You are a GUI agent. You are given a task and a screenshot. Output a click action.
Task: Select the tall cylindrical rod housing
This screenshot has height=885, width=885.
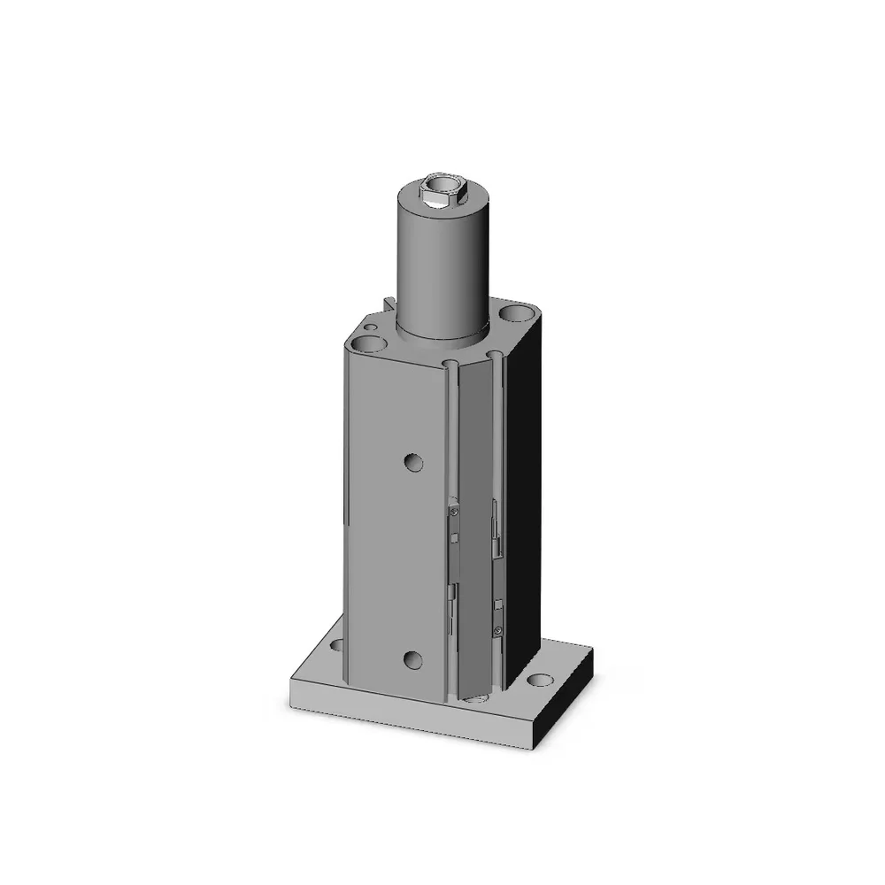click(442, 265)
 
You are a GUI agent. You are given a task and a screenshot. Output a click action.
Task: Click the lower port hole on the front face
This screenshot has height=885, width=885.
click(412, 658)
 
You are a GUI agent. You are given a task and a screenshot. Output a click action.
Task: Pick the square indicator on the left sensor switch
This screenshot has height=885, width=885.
click(454, 539)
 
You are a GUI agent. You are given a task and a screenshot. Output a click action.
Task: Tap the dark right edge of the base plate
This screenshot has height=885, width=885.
click(566, 699)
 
